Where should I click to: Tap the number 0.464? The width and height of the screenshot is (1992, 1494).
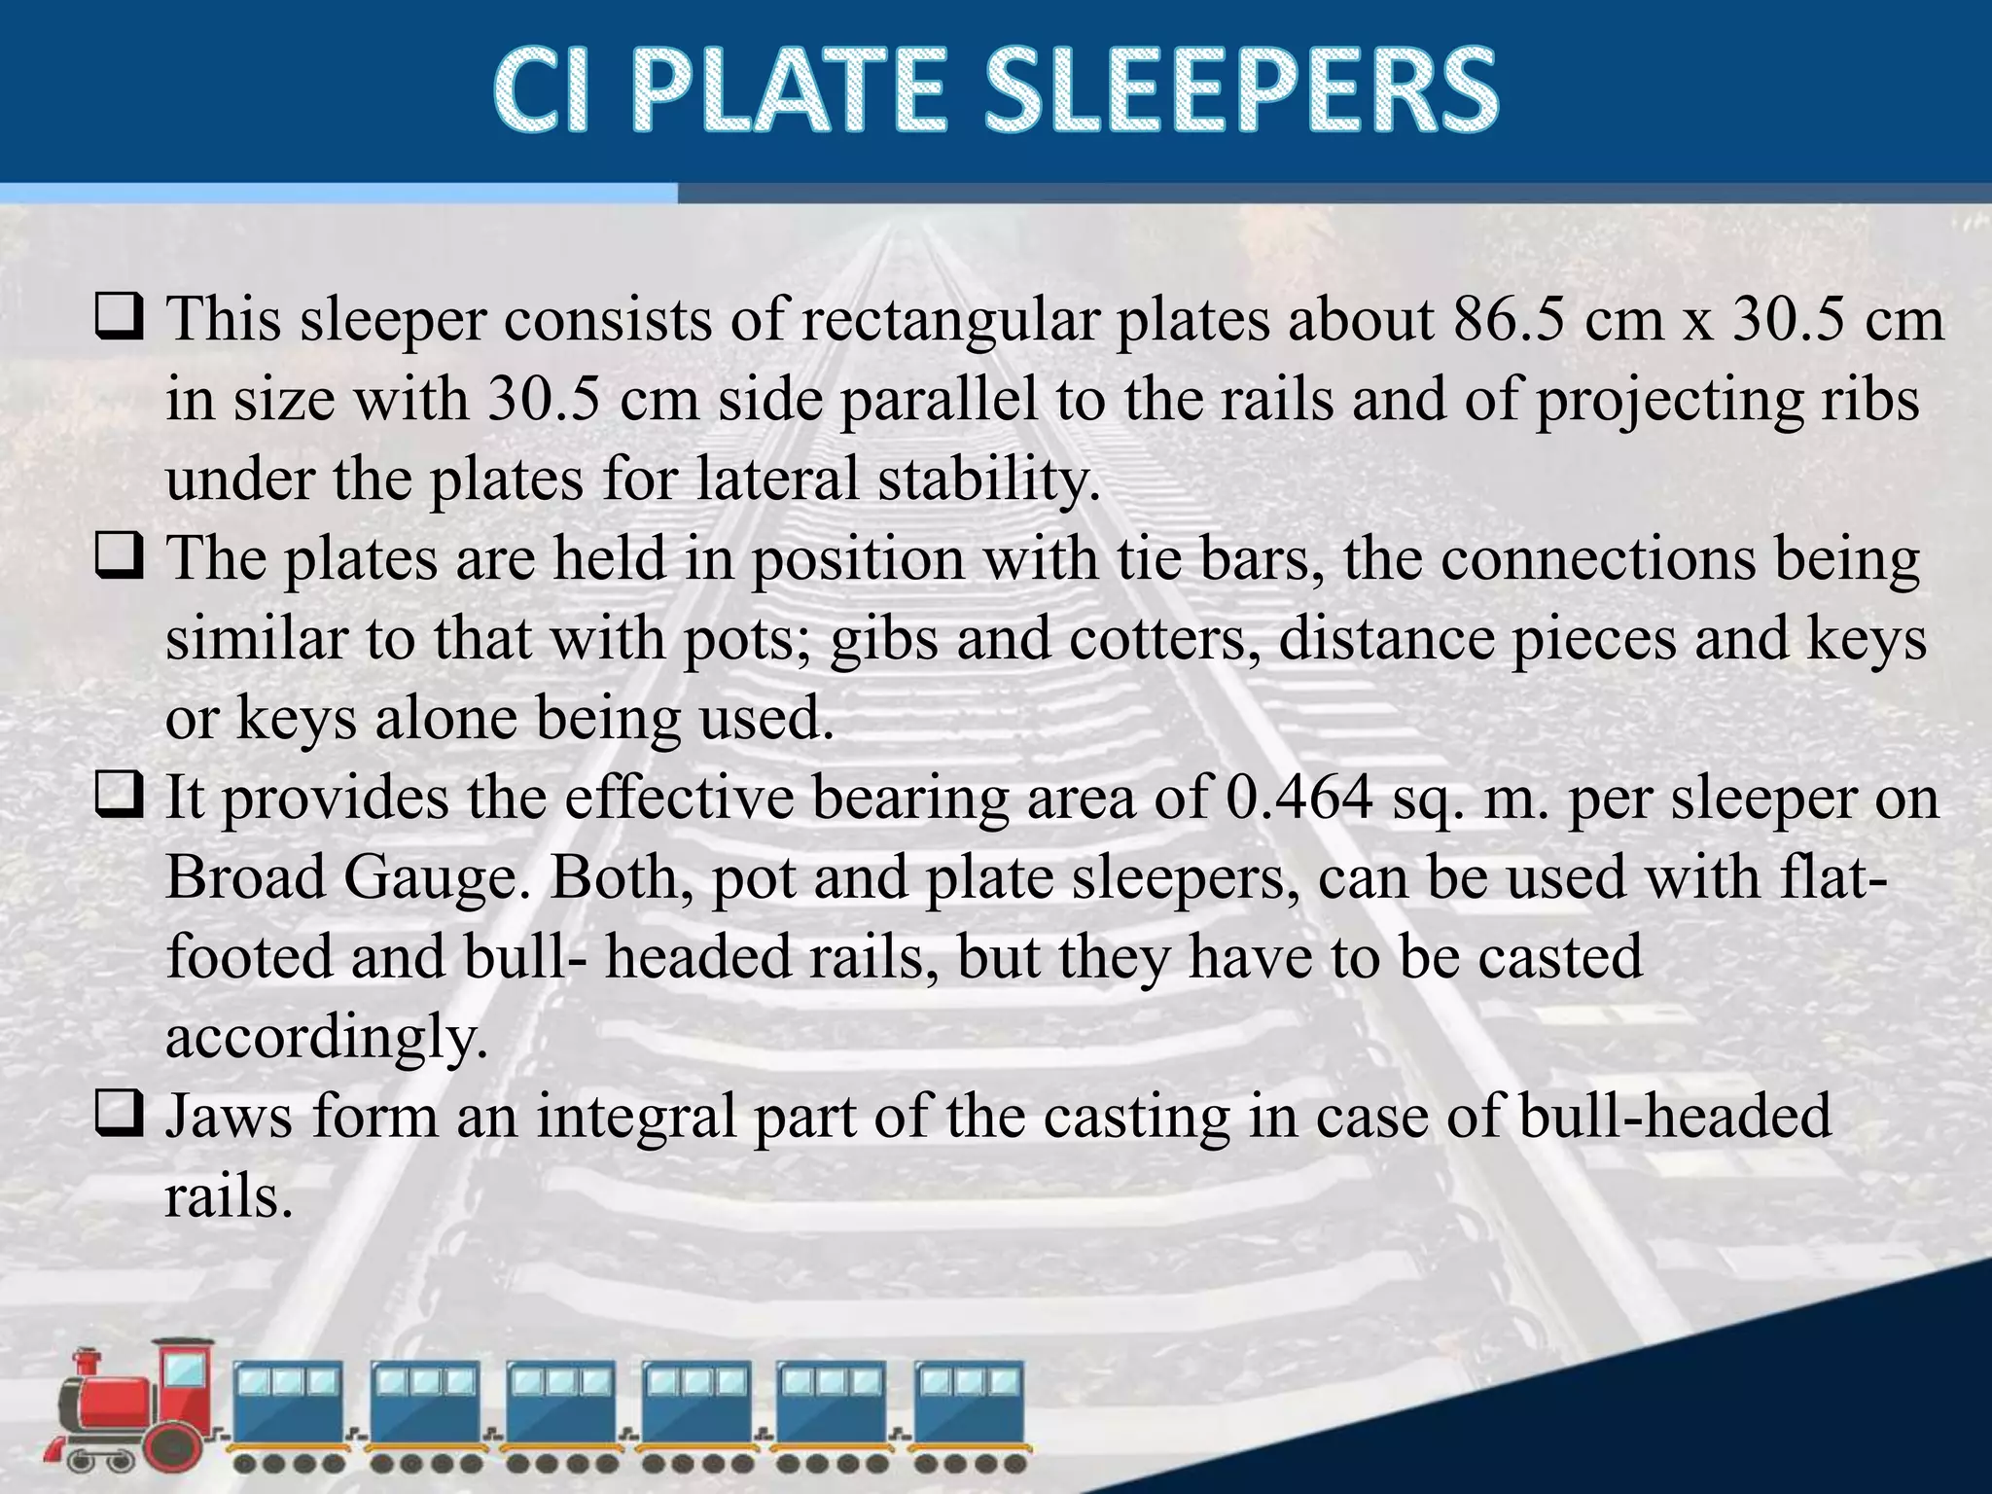(x=1299, y=798)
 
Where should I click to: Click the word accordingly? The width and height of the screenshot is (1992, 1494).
(x=326, y=1038)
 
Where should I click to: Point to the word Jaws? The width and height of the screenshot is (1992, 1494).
(x=229, y=1116)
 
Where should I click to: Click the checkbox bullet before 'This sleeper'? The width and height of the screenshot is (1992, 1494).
(x=119, y=318)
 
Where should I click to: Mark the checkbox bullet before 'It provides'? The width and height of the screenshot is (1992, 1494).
(x=119, y=797)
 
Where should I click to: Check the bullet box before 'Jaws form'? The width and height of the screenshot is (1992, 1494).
(x=119, y=1115)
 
